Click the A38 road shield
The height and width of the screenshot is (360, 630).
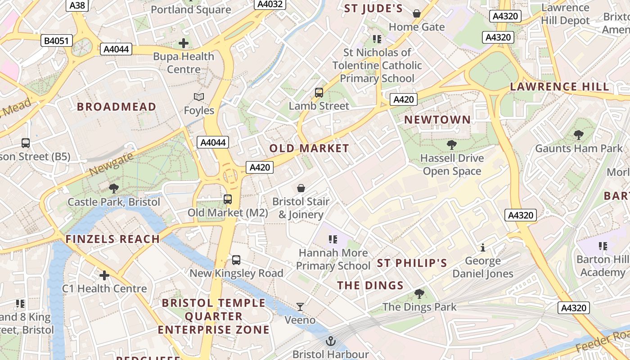(x=77, y=5)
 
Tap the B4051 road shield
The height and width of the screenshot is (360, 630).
(x=56, y=41)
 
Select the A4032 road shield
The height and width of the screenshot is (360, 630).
(x=270, y=4)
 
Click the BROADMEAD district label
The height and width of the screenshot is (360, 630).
(x=117, y=107)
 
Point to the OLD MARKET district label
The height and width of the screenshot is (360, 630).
(x=309, y=148)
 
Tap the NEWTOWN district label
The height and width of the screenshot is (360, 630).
(x=437, y=120)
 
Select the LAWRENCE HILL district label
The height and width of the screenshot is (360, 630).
(x=559, y=86)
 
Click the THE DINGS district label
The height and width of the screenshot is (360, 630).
(x=370, y=285)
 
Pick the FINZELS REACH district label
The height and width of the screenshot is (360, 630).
(x=113, y=239)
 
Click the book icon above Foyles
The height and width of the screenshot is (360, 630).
(x=199, y=97)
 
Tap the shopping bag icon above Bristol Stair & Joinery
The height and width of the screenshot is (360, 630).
(x=301, y=188)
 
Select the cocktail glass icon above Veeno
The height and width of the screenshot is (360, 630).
(x=300, y=307)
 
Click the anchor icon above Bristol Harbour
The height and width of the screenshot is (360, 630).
(x=331, y=341)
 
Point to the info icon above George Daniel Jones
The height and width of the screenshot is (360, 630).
(x=483, y=247)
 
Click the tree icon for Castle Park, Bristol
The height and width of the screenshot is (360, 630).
(x=114, y=189)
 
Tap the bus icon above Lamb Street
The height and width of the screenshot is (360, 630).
(x=319, y=93)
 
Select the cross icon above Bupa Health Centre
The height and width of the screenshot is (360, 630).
(x=183, y=43)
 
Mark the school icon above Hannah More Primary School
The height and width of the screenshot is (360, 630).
(x=333, y=239)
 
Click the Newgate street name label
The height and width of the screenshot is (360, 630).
(x=111, y=164)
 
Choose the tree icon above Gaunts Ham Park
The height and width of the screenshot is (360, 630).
(x=579, y=135)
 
